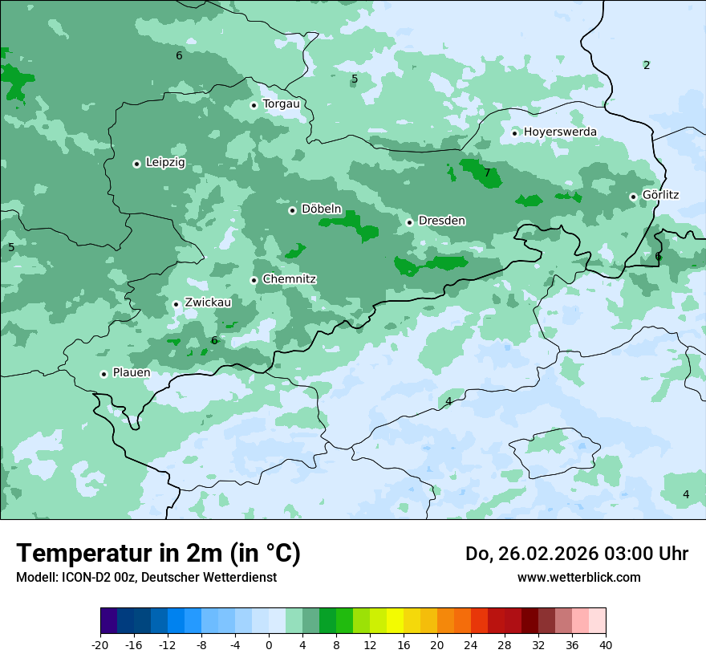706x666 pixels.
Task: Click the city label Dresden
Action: (x=441, y=221)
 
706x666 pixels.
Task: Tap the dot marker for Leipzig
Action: (x=136, y=164)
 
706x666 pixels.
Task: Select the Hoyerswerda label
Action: (x=560, y=132)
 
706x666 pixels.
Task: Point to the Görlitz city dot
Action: (x=633, y=197)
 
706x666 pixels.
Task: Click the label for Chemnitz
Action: (x=289, y=279)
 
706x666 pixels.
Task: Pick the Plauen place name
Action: (x=131, y=373)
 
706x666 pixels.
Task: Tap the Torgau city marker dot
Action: (x=254, y=105)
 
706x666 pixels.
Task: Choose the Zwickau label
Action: (x=208, y=303)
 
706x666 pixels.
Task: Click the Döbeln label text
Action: (x=321, y=209)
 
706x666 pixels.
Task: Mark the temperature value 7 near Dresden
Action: (x=487, y=173)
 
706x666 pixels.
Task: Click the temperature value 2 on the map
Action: (x=647, y=65)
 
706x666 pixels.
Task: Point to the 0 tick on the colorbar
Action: (x=269, y=644)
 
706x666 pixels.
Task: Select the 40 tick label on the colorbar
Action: (x=605, y=644)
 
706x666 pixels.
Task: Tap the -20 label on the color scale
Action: (x=100, y=644)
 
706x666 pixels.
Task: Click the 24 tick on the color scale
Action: (x=470, y=644)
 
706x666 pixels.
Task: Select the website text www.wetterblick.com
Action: (x=578, y=577)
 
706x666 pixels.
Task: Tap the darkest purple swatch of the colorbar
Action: (x=108, y=621)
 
